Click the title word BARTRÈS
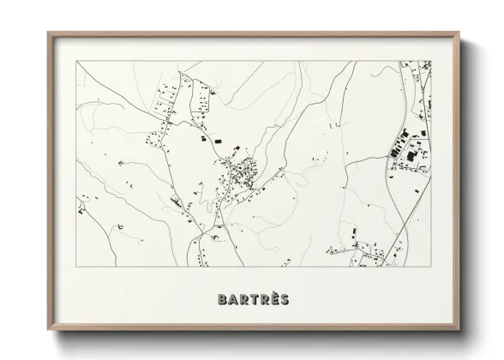tap(253, 299)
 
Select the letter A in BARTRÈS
tap(234, 299)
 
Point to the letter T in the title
tap(253, 299)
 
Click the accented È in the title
tap(273, 299)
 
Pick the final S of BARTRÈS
tap(282, 299)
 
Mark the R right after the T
tap(263, 299)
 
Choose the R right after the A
tap(243, 299)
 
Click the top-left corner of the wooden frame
tap(48, 33)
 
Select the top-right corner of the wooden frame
tap(459, 33)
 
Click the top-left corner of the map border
tap(76, 61)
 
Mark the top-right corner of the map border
tap(430, 61)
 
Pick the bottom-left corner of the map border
tap(76, 267)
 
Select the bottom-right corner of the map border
tap(430, 267)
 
